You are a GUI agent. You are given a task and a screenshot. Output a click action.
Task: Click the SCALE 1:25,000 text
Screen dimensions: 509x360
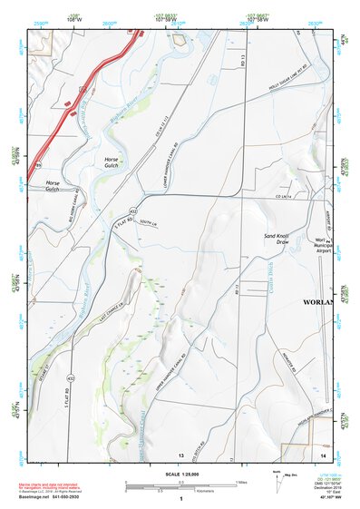[180, 475]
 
